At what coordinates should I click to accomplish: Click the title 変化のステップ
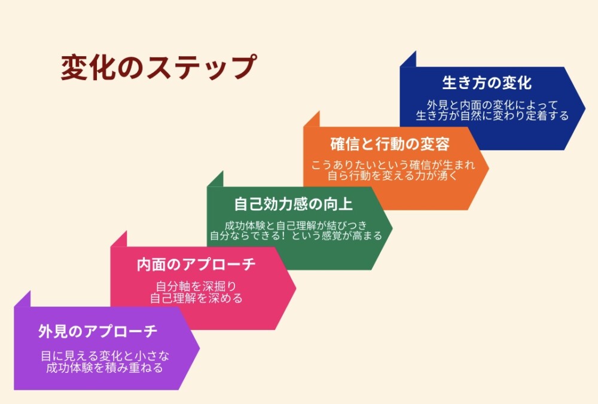click(x=158, y=67)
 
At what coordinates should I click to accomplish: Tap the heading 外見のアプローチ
click(x=97, y=331)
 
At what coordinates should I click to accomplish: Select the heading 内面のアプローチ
click(x=196, y=265)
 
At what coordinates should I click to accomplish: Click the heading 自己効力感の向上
click(x=293, y=204)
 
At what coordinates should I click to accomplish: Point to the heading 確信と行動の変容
click(x=390, y=144)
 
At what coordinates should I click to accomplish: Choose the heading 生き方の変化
click(x=487, y=82)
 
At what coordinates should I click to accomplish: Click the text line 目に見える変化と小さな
click(x=105, y=356)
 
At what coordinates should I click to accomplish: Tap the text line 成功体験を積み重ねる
click(x=105, y=368)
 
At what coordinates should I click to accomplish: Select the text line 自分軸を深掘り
click(x=196, y=286)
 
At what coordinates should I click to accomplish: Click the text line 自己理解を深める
click(x=196, y=298)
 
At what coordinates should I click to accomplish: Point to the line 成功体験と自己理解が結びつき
click(x=295, y=225)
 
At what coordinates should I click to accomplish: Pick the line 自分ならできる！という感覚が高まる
click(x=296, y=235)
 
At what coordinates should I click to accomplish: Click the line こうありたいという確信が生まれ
click(x=393, y=165)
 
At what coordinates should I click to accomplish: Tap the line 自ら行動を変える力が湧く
click(x=392, y=176)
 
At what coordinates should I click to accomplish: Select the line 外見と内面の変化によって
click(x=492, y=105)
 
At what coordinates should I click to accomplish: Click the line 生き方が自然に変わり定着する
click(x=492, y=115)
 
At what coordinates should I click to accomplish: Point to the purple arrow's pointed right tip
click(x=200, y=348)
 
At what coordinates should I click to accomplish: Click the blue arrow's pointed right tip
click(x=585, y=108)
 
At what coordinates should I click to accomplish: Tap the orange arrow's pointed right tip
click(x=489, y=168)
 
